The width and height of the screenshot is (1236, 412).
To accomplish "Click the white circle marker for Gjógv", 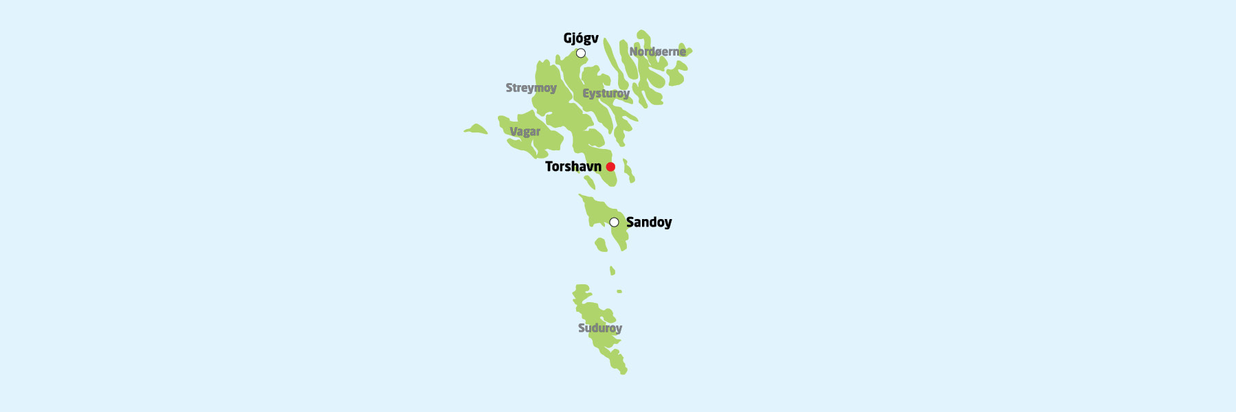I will [581, 54].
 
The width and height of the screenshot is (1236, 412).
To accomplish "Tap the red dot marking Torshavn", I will [610, 167].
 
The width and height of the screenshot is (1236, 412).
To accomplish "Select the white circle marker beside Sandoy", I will [614, 222].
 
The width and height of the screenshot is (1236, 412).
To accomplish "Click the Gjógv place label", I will [581, 38].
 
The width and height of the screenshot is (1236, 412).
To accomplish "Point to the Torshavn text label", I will [573, 166].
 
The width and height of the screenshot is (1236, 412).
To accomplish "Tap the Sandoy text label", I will [649, 222].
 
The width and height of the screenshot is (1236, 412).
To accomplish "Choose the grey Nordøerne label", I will [657, 51].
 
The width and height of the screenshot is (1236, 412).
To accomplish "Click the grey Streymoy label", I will [531, 88].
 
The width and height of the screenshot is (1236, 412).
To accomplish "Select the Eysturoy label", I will [606, 93].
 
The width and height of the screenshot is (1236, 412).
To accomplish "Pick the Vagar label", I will [525, 131].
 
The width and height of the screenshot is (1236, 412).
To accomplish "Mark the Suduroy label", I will [599, 328].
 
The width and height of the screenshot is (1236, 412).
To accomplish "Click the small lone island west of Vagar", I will [475, 129].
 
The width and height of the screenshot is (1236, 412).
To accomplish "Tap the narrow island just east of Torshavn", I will [628, 170].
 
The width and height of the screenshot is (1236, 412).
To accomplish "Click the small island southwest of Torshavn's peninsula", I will [589, 182].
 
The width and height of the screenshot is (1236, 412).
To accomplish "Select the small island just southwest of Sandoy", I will [601, 244].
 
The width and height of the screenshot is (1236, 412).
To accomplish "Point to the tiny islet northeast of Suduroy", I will [619, 291].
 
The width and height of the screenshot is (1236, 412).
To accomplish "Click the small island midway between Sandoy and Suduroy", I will [613, 271].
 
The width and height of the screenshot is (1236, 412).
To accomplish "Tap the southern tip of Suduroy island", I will [623, 371].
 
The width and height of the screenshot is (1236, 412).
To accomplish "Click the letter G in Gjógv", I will [568, 38].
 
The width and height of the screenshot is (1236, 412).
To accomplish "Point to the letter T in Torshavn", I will [549, 166].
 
